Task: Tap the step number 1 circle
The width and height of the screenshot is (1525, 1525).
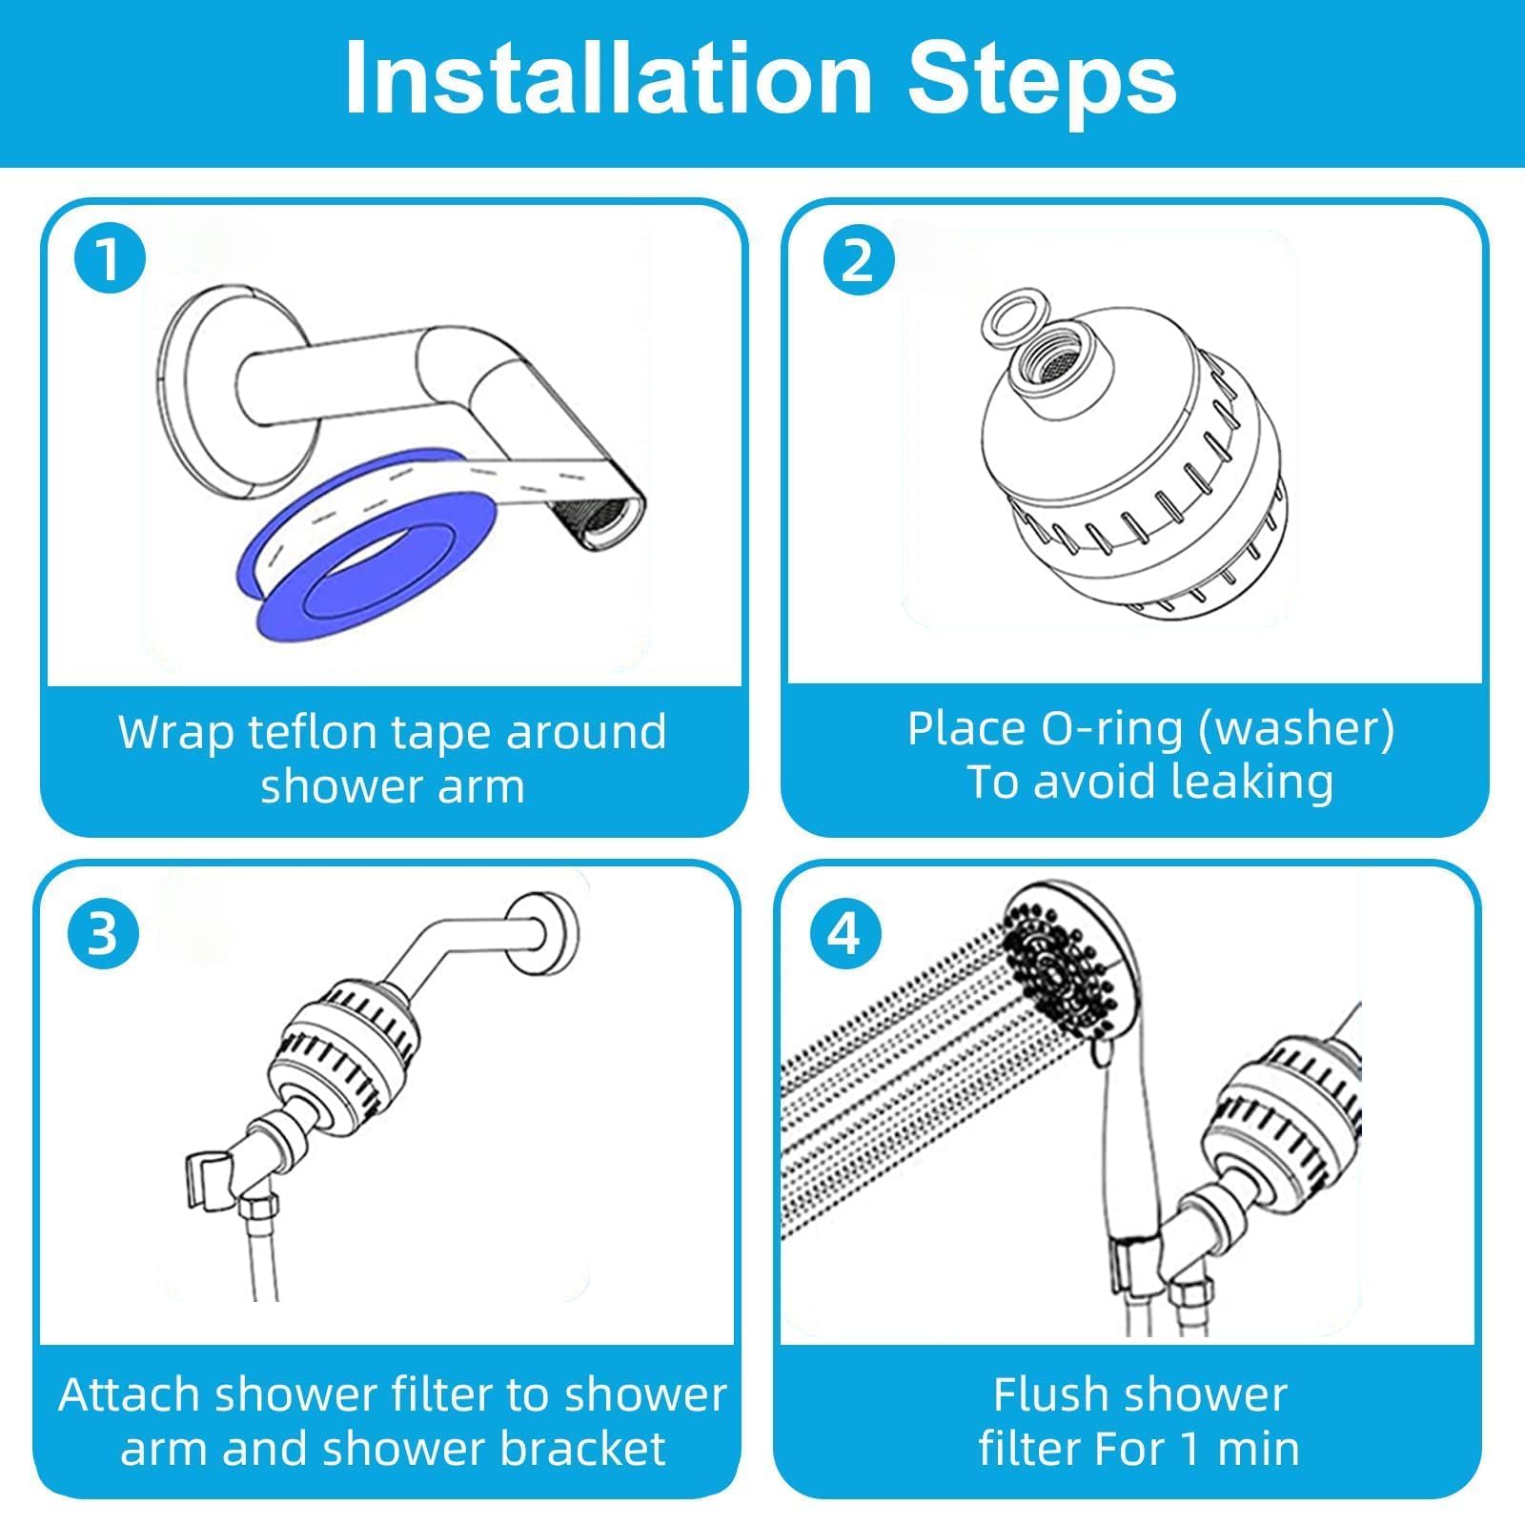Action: (x=110, y=258)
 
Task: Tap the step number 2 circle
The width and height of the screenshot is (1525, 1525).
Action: (x=857, y=258)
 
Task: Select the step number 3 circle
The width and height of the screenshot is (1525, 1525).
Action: (x=103, y=933)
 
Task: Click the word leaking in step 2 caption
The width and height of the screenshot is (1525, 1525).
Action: (x=1252, y=782)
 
